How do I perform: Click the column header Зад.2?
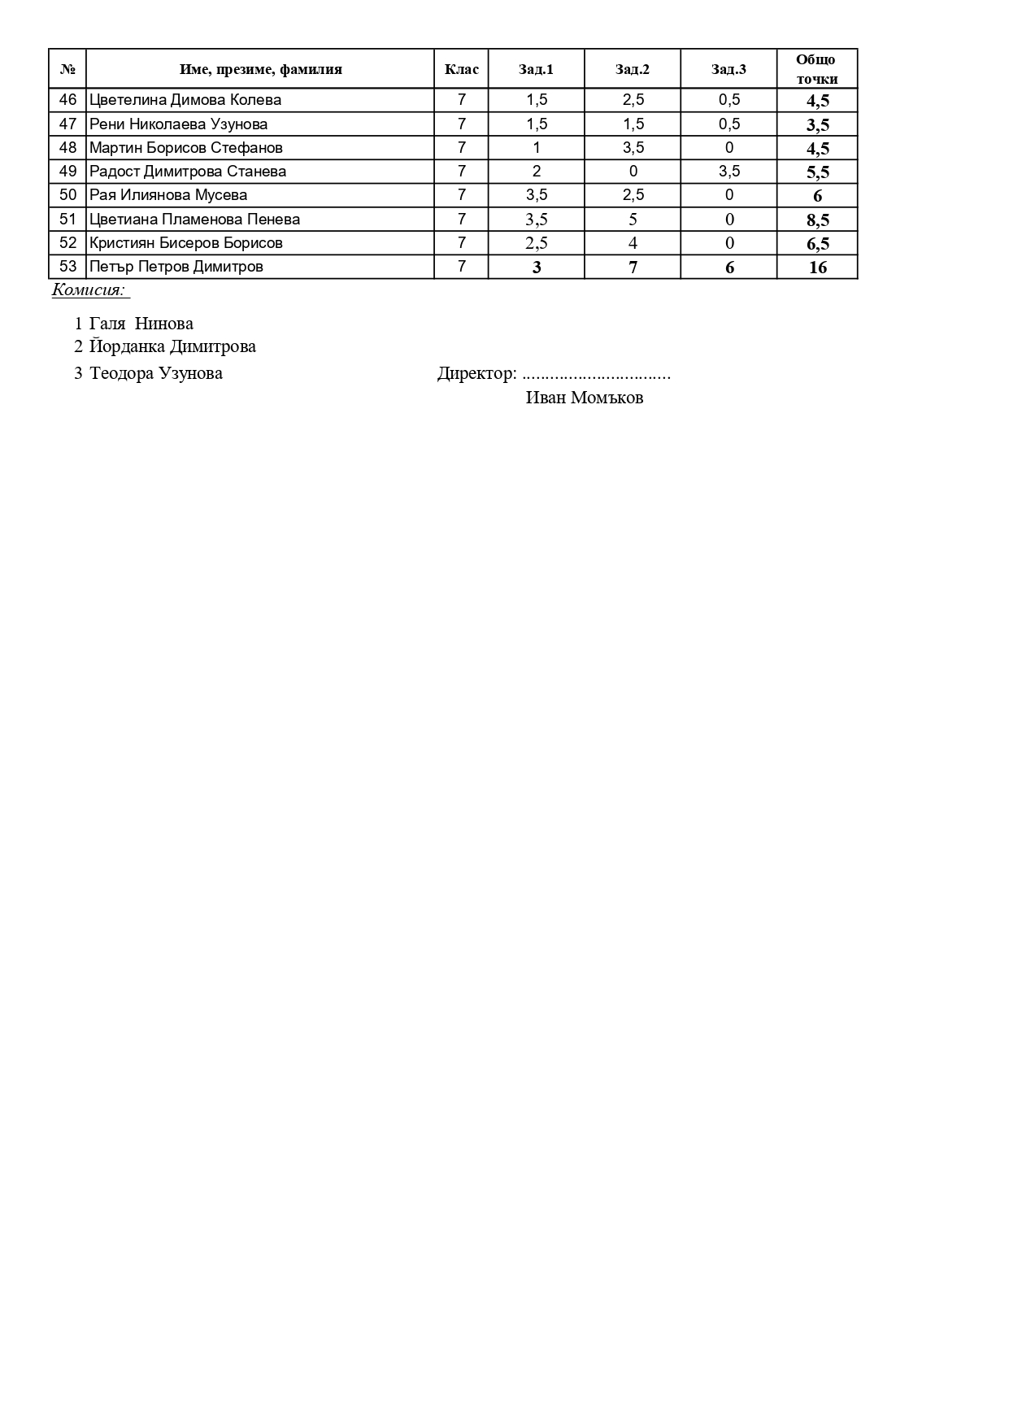[x=633, y=69]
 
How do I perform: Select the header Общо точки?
[x=816, y=69]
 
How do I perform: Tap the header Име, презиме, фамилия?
[x=260, y=69]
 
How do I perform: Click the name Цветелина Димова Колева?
[x=185, y=100]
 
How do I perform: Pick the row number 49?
[x=68, y=172]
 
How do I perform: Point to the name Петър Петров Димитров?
[x=176, y=267]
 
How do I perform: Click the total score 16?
[x=817, y=268]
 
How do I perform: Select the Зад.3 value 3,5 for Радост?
[x=729, y=172]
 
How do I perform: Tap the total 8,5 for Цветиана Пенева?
[x=817, y=220]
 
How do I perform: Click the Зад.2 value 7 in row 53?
[x=633, y=268]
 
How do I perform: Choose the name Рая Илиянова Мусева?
[x=168, y=195]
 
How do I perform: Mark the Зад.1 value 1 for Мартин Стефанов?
[x=537, y=148]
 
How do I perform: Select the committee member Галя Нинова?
[x=141, y=324]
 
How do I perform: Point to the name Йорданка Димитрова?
[x=172, y=346]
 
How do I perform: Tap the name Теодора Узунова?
[x=156, y=373]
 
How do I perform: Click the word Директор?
[x=476, y=373]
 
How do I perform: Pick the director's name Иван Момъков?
[x=585, y=398]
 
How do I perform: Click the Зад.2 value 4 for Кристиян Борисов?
[x=633, y=243]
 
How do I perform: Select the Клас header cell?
[x=462, y=69]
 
